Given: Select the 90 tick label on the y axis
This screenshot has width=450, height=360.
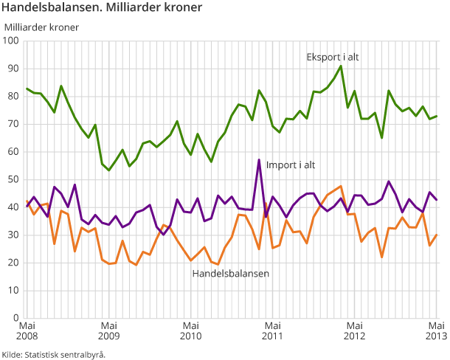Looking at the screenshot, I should [13, 69].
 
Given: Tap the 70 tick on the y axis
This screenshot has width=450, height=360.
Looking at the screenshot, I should [13, 124].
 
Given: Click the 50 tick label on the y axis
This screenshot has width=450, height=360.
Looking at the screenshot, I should [13, 179].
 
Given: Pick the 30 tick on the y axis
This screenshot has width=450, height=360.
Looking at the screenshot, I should [13, 235].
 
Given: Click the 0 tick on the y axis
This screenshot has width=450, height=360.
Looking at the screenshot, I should [15, 318].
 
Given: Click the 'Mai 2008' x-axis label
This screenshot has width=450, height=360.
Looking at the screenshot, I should [27, 331].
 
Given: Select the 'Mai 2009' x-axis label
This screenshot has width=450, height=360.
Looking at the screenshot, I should [108, 331].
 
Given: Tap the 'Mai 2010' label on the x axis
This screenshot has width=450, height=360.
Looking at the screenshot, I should [191, 331].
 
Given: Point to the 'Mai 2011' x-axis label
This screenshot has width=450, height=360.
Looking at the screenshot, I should [273, 331].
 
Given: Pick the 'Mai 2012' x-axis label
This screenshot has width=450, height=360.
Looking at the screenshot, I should [355, 331].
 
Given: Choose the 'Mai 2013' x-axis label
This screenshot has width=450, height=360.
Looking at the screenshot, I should [436, 331].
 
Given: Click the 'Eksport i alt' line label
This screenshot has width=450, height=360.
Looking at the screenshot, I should [333, 57].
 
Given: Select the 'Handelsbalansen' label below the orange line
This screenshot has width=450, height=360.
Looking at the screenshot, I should [230, 273].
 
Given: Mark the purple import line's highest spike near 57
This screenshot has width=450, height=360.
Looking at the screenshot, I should [259, 159].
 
